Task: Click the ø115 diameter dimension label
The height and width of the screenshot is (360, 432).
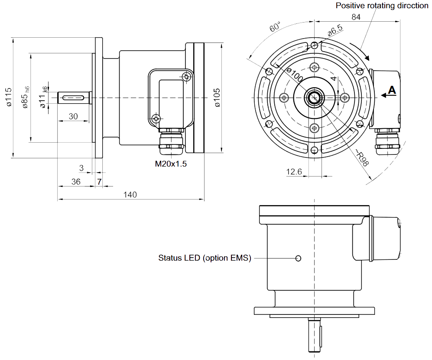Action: click(8, 97)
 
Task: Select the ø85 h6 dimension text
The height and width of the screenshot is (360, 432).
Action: click(25, 97)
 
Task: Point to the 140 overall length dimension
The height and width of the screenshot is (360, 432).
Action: click(130, 195)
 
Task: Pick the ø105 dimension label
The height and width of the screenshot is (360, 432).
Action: click(217, 97)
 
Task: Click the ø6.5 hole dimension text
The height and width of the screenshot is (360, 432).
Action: click(334, 30)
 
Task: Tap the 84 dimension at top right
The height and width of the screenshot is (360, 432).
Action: click(356, 17)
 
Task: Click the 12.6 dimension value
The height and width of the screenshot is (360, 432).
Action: click(294, 172)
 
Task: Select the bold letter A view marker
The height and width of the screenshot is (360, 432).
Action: click(392, 90)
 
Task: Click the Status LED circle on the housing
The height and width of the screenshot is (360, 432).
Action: click(298, 259)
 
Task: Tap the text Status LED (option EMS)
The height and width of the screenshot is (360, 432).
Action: click(205, 258)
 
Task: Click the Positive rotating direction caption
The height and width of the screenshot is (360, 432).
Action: click(382, 6)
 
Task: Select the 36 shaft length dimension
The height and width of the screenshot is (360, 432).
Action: click(76, 182)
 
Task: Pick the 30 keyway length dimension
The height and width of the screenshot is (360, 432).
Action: click(73, 116)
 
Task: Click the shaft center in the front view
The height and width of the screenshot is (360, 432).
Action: click(314, 98)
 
